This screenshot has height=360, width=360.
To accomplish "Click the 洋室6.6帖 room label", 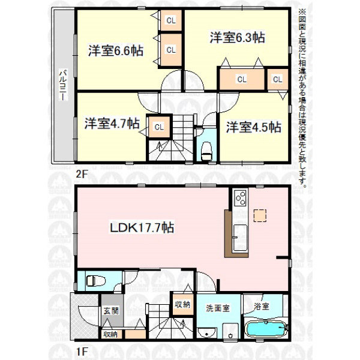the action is (116, 50).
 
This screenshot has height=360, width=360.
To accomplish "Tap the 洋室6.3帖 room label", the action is (238, 37).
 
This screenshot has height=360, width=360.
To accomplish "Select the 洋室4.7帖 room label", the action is (112, 123).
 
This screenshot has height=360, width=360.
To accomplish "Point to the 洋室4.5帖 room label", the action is (254, 127).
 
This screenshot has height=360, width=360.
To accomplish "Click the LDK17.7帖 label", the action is (142, 227).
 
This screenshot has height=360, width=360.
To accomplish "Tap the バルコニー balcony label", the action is (63, 85).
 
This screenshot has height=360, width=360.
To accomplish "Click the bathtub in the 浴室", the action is (266, 329).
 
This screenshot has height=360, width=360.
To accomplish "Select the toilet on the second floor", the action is (206, 151).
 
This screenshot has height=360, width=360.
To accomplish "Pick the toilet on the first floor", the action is (96, 281).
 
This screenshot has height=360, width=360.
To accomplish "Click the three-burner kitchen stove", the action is (241, 198).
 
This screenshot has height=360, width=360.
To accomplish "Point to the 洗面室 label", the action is (217, 308).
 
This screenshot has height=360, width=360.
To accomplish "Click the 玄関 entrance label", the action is (111, 311).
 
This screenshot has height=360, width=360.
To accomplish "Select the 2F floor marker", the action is (82, 175).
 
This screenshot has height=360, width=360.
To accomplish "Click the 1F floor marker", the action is (82, 351).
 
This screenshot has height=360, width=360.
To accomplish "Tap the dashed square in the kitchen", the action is (260, 215).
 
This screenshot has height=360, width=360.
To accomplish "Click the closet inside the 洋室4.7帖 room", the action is (160, 127).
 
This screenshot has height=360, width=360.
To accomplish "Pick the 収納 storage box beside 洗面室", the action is (183, 304).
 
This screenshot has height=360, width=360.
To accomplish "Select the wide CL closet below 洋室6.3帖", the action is (242, 79).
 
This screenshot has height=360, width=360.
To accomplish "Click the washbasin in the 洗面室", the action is (207, 332).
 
